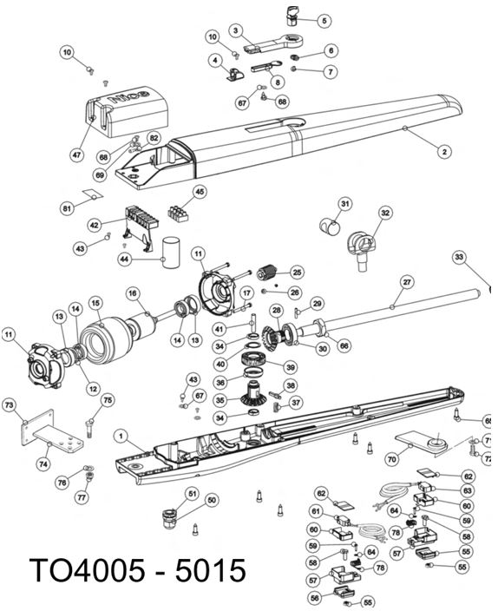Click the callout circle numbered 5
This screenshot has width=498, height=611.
(324, 21)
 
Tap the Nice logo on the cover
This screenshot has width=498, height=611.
(129, 96)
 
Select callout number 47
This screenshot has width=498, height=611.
(76, 155)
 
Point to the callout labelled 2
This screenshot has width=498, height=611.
(444, 152)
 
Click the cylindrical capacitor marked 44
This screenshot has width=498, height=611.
(171, 252)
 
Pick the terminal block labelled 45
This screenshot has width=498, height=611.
(177, 214)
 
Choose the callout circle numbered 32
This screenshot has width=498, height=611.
(385, 213)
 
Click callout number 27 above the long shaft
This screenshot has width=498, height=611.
(407, 282)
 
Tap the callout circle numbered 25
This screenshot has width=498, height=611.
(298, 272)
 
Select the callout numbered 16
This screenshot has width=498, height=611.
(133, 293)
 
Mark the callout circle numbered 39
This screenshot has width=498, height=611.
(290, 367)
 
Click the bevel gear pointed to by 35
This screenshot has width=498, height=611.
(253, 394)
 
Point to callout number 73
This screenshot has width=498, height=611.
(9, 404)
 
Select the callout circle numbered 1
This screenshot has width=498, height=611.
(121, 437)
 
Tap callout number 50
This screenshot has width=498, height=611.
(211, 500)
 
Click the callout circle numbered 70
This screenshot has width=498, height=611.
(392, 459)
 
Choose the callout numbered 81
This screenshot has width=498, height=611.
(68, 208)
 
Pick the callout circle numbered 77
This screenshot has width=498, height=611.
(82, 497)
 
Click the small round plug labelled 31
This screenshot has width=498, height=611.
(330, 227)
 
